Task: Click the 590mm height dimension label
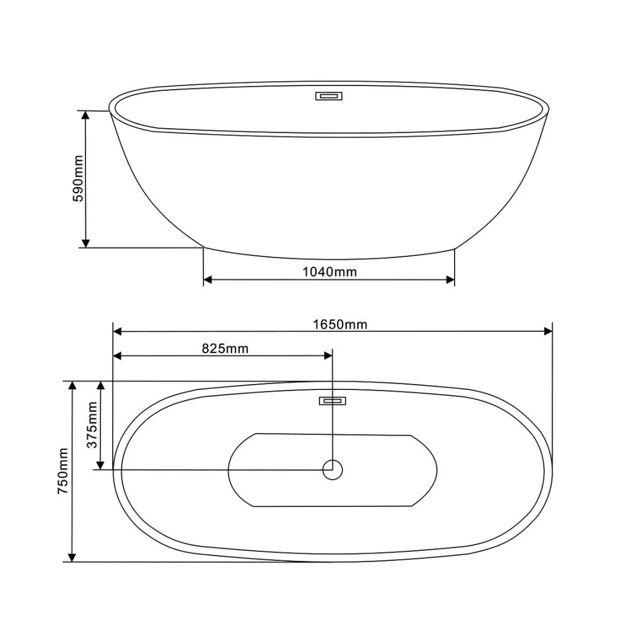pos(78,178)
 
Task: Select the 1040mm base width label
pos(329,272)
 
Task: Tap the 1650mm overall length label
pos(340,325)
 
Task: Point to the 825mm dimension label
pos(226,349)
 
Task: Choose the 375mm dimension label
pos(93,425)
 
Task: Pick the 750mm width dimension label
pos(63,471)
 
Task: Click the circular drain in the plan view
pos(332,469)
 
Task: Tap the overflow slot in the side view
pos(328,96)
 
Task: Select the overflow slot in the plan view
pos(332,401)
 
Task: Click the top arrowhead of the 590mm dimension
pos(85,115)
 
